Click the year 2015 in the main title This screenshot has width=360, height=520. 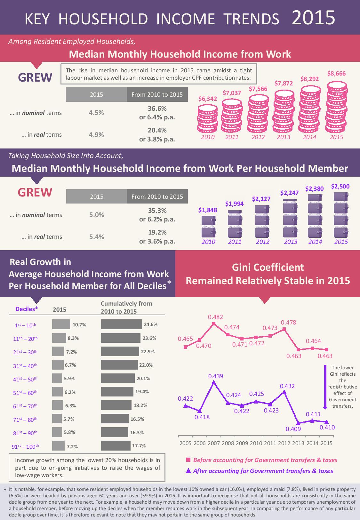pyautogui.click(x=313, y=18)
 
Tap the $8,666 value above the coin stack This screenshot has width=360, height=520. pyautogui.click(x=336, y=74)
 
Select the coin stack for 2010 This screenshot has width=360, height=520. pyautogui.click(x=208, y=118)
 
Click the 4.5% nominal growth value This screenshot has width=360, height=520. pyautogui.click(x=96, y=113)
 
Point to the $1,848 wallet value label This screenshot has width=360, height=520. pyautogui.click(x=208, y=210)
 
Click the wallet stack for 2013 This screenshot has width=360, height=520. pyautogui.click(x=291, y=218)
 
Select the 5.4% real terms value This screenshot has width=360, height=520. pyautogui.click(x=96, y=237)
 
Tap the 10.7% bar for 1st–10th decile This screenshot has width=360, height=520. pyautogui.click(x=61, y=324)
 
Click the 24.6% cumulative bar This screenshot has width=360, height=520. pyautogui.click(x=121, y=324)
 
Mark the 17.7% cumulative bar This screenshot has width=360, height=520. pyautogui.click(x=116, y=445)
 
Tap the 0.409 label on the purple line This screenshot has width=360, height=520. pyautogui.click(x=293, y=429)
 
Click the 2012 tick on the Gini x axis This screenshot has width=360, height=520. pyautogui.click(x=284, y=444)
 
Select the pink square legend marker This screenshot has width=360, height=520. pyautogui.click(x=188, y=460)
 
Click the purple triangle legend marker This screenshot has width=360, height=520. pyautogui.click(x=188, y=471)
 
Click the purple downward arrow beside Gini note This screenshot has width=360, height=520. pyautogui.click(x=325, y=387)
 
